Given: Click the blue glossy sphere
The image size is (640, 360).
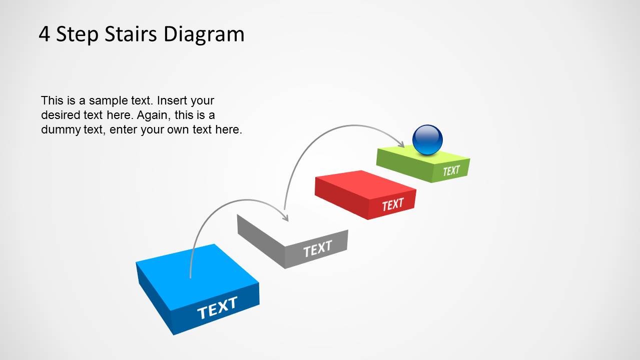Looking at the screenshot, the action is [x=427, y=139].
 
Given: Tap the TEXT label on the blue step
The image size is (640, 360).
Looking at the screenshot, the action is [x=218, y=307].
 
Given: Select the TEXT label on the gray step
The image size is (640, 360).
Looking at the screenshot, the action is [x=318, y=248].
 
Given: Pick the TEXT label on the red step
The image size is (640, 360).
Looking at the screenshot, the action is [x=393, y=204].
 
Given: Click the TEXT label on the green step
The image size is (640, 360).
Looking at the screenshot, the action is [x=451, y=170].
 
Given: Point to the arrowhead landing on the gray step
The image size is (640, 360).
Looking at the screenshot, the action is [x=285, y=217].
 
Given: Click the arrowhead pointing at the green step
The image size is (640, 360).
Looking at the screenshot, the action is [x=401, y=144].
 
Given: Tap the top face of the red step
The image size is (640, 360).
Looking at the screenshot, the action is [x=366, y=184].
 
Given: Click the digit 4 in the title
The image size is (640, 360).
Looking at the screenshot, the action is [x=45, y=34].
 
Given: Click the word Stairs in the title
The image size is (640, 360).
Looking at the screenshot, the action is [x=131, y=34].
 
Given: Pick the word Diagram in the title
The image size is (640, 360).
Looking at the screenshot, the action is [x=204, y=35].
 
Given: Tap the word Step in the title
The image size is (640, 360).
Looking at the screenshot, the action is [x=77, y=35].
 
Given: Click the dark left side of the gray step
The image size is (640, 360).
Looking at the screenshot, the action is [x=261, y=241].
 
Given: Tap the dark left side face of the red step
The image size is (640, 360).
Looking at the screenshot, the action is [x=341, y=198].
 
